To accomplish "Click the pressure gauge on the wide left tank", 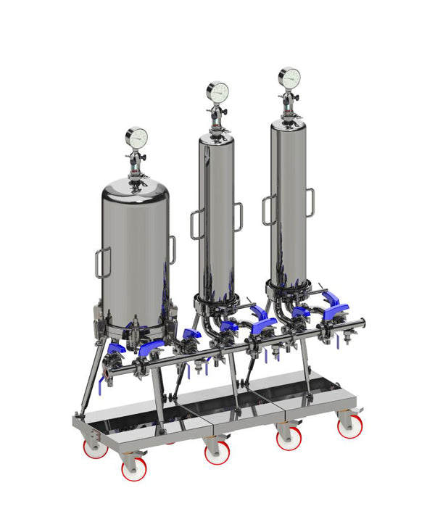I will (136, 136).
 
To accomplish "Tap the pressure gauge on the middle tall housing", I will (217, 91).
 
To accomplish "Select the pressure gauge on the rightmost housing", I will (289, 78).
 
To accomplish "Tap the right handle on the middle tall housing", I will (237, 217).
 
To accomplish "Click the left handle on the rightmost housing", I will (268, 209).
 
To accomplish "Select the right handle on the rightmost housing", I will (310, 202).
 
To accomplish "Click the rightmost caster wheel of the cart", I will (349, 426).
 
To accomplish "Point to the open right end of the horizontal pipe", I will (362, 324).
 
